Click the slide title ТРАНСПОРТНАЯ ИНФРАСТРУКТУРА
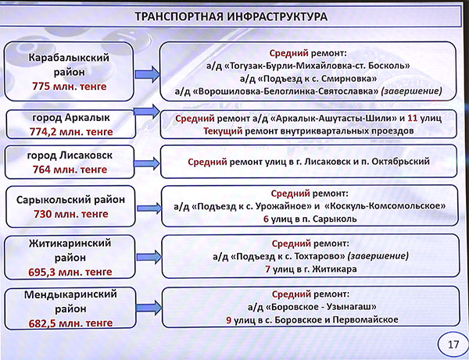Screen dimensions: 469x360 coord(231,16)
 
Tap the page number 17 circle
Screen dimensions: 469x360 coord(453,344)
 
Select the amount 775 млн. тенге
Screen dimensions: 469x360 coord(70,87)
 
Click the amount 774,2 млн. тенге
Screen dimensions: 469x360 coord(71,131)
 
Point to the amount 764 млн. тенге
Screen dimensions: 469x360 coord(70,169)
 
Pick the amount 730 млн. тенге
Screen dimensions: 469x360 coord(71,214)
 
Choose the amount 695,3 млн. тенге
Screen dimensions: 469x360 coord(70,272)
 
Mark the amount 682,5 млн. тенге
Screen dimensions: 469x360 coord(70,323)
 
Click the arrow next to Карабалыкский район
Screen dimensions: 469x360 coord(148,74)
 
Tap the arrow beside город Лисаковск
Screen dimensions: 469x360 coord(147,163)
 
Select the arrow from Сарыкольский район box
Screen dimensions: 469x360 coord(149,208)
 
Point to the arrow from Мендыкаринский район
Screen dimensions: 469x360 coord(149,308)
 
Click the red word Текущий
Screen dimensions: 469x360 coord(223,131)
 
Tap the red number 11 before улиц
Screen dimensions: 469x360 coord(413,118)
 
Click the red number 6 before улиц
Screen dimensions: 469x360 coord(266,219)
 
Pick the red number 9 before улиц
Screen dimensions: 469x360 coord(229,320)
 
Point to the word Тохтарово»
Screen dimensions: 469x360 coord(320,256)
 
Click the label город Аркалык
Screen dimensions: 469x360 coord(71,117)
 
